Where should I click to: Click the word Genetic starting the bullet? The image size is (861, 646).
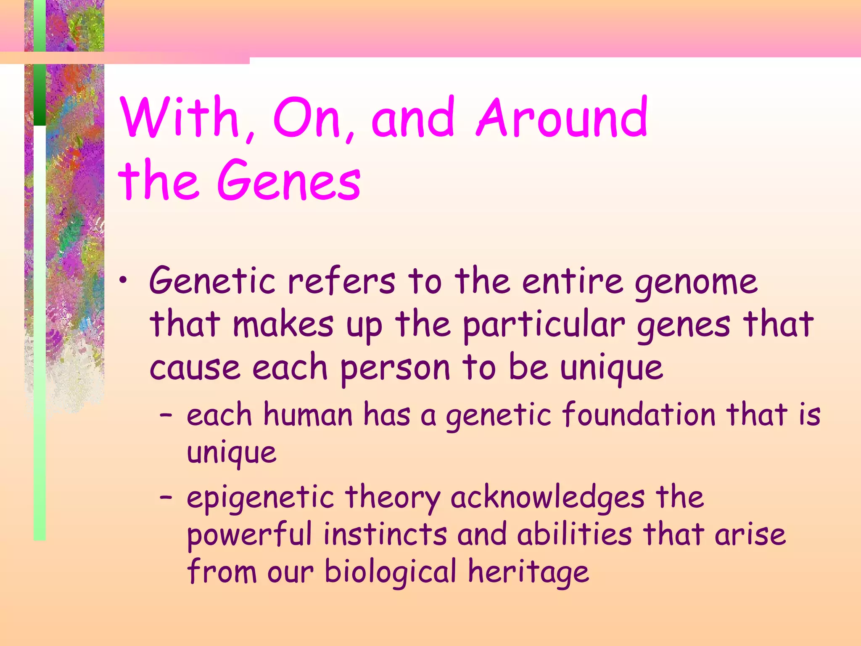212,281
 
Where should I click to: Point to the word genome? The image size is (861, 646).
696,283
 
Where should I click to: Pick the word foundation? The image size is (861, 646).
638,414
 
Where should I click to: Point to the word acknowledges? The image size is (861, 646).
547,498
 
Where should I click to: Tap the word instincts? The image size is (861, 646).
385,535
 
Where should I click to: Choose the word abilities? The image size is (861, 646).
574,535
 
